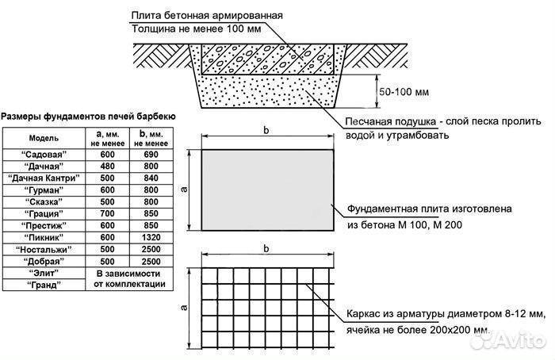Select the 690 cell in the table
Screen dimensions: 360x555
click(x=150, y=153)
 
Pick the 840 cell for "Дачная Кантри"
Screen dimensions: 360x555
click(x=150, y=178)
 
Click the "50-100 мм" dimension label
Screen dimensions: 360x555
click(x=404, y=93)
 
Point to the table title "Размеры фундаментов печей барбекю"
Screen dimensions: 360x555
click(x=88, y=117)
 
